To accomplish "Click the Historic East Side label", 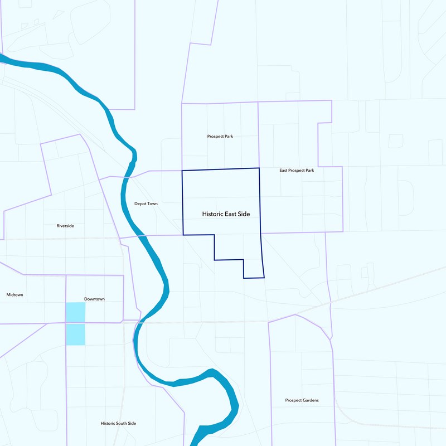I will point(226,214).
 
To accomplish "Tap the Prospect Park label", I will point(220,136).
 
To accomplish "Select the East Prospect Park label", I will point(297,170).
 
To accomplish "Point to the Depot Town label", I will point(146,203).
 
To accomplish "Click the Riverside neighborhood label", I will point(65,226).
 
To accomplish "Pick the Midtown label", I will point(15,294).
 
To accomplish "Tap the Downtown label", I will point(94,299).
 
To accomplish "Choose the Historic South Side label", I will point(118,423).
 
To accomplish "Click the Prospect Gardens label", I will point(302,400).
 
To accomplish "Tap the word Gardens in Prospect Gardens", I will point(311,400).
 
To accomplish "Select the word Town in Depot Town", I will point(152,203).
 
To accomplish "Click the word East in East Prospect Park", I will point(284,170).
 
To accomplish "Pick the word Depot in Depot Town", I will point(140,203).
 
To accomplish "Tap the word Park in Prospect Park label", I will point(228,136).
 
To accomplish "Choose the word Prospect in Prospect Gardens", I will point(293,400).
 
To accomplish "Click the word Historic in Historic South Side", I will point(107,423).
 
